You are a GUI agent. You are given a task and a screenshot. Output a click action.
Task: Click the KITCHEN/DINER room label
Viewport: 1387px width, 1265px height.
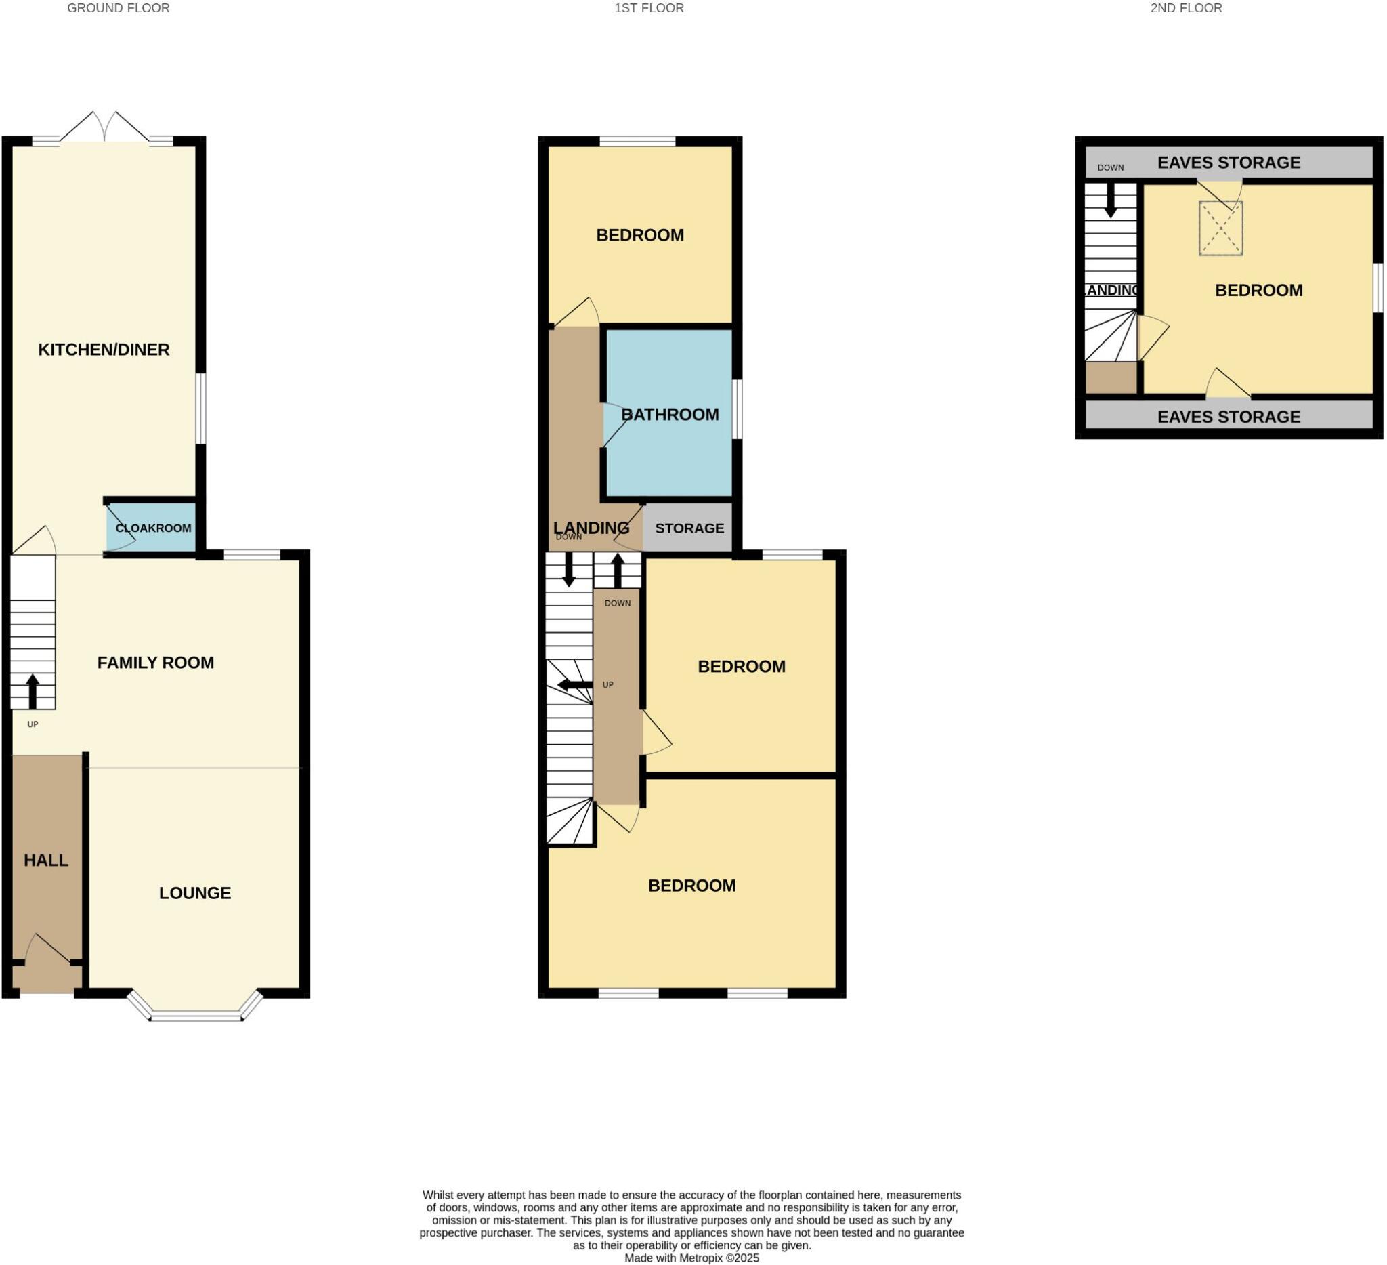pos(104,350)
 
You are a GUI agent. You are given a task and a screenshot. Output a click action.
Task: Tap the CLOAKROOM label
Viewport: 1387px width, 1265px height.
pos(154,528)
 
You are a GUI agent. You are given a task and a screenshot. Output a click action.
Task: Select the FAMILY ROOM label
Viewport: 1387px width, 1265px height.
pos(156,662)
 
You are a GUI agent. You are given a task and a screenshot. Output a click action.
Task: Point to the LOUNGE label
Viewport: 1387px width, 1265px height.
pos(194,892)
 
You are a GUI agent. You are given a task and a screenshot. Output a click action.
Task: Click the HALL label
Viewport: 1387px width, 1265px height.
pos(46,860)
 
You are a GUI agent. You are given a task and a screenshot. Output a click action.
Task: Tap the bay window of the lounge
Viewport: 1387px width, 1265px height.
pos(196,1016)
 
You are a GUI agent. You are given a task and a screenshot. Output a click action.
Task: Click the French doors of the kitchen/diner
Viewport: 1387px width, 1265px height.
pos(104,128)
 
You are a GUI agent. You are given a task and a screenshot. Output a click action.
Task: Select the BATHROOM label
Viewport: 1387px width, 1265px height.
pos(669,414)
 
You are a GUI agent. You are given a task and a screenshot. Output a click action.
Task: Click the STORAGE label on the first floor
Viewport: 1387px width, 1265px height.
pos(689,528)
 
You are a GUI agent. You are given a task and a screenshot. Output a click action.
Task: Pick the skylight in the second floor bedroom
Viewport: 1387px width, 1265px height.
pos(1220,228)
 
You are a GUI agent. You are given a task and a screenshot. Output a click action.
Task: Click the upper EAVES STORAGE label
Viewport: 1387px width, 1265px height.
pos(1228,163)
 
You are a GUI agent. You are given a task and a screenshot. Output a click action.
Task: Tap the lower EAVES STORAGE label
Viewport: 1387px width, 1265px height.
pos(1228,417)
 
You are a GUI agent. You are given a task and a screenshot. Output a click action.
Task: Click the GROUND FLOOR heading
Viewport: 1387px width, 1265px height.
pos(119,8)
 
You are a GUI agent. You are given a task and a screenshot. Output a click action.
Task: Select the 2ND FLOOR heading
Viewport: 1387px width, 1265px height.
pos(1186,8)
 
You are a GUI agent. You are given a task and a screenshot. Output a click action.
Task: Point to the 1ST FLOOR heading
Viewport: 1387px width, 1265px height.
pos(649,8)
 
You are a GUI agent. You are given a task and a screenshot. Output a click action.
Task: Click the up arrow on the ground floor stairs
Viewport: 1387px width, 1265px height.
pos(33,691)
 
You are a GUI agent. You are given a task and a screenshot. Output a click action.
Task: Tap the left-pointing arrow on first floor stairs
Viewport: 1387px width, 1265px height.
pos(574,685)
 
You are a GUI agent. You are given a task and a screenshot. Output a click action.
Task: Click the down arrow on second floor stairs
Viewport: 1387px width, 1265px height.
pos(1110,201)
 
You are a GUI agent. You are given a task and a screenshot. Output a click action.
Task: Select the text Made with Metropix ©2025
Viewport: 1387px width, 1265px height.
pos(691,1258)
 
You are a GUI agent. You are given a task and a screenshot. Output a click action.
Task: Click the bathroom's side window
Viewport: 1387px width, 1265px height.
pos(737,409)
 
